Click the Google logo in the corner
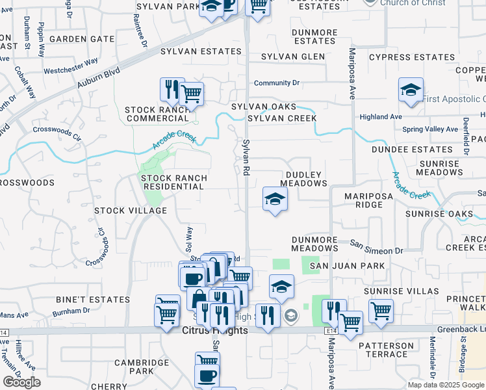(x=21, y=382)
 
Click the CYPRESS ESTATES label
(x=412, y=57)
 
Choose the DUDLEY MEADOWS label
(x=305, y=179)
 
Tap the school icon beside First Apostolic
(x=411, y=91)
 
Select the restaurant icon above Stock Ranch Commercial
(x=172, y=90)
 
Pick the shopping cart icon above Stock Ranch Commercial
(x=191, y=94)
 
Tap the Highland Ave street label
(x=381, y=117)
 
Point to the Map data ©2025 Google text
(x=445, y=385)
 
